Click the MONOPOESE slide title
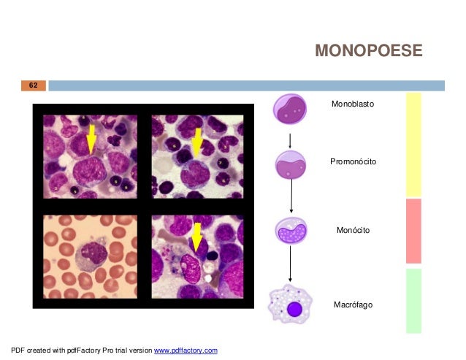click(x=368, y=50)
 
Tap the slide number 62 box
click(x=33, y=85)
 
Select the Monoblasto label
click(x=352, y=105)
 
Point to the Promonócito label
click(x=353, y=161)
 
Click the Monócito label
click(x=353, y=230)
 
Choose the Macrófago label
click(x=353, y=304)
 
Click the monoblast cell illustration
click(x=291, y=108)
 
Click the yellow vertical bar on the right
click(x=413, y=144)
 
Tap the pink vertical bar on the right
click(x=413, y=231)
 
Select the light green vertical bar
click(x=413, y=300)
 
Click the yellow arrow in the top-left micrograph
click(x=91, y=139)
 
